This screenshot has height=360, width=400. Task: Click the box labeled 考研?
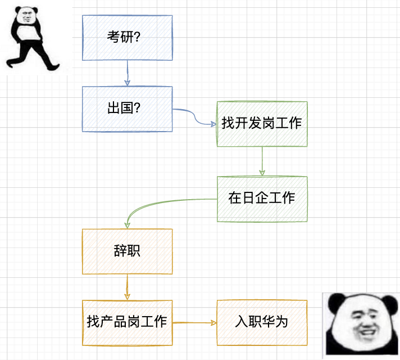coord(127,38)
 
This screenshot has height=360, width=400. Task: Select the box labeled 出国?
coord(127,109)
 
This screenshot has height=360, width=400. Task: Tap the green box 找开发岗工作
coord(262,124)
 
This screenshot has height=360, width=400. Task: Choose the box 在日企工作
coord(262,199)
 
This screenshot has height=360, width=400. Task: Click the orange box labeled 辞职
coord(127,251)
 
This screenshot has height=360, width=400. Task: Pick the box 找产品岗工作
coord(127,322)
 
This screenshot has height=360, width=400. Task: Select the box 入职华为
coord(262,322)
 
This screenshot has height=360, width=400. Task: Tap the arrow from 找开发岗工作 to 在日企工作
coord(262,161)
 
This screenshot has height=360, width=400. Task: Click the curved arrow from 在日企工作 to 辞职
coord(152,204)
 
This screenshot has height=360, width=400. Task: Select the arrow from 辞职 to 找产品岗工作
coord(128,287)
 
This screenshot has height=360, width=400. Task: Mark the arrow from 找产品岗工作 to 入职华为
coord(194,323)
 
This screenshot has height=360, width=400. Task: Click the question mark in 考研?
coord(137,38)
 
